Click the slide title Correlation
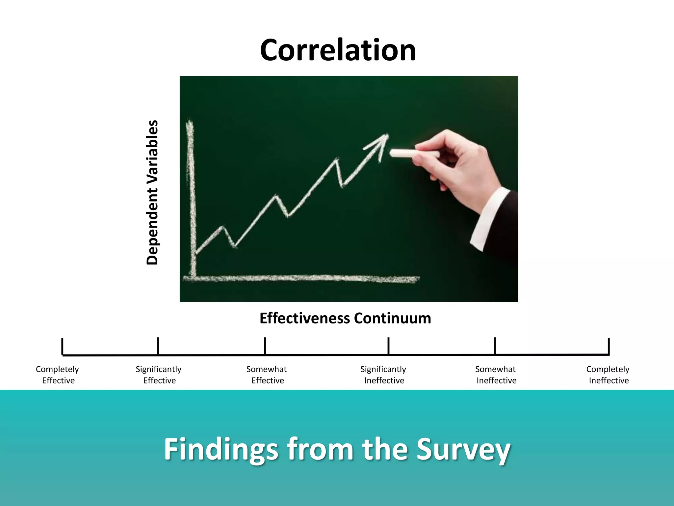click(x=338, y=50)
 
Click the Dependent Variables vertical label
click(x=152, y=192)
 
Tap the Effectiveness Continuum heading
click(x=345, y=318)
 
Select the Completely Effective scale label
click(x=58, y=375)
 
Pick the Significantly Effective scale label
click(x=159, y=375)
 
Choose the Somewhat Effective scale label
click(x=267, y=375)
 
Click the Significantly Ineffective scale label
click(x=383, y=375)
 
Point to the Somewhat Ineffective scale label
click(x=496, y=375)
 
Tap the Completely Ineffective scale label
click(x=608, y=375)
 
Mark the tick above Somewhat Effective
click(x=265, y=346)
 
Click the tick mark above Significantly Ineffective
click(x=388, y=346)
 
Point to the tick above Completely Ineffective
click(x=609, y=347)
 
